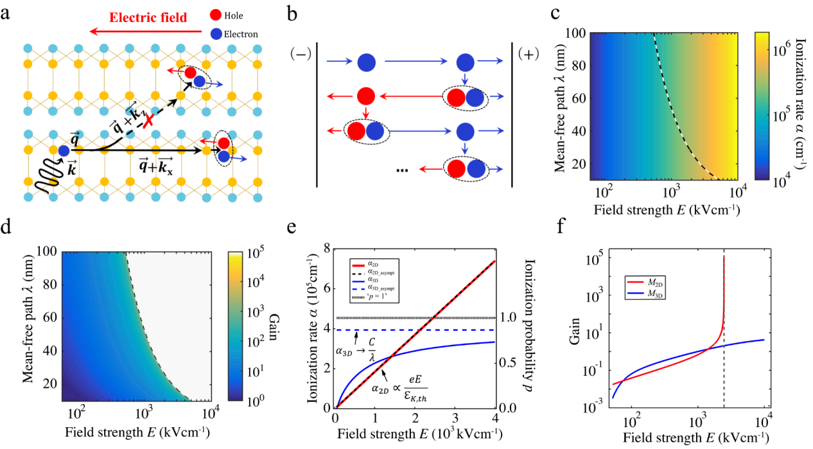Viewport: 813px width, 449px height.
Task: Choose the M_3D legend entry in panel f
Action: click(645, 292)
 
